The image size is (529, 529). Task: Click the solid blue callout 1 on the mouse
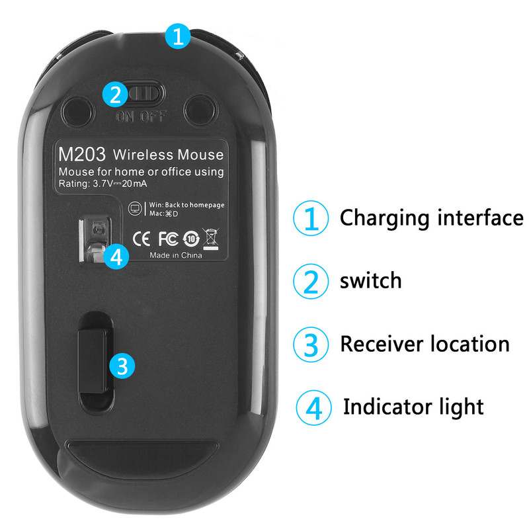(x=178, y=36)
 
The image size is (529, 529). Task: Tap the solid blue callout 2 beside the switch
(x=115, y=95)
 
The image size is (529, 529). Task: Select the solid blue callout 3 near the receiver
(x=122, y=366)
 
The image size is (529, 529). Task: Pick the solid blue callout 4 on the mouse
(x=116, y=257)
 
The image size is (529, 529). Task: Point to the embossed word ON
(x=126, y=117)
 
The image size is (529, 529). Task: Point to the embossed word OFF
(x=153, y=117)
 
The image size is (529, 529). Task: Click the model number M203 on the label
(x=82, y=154)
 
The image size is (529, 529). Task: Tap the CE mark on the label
(x=142, y=239)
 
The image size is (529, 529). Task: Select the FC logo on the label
(x=169, y=239)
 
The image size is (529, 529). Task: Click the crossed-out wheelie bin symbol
(x=211, y=239)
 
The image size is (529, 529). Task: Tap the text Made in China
(x=176, y=255)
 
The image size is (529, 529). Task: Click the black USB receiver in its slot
(x=93, y=361)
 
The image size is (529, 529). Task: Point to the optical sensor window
(x=96, y=240)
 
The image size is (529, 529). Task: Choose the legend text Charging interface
(x=432, y=218)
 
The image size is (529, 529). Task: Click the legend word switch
(x=371, y=280)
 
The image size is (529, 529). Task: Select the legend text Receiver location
(x=425, y=344)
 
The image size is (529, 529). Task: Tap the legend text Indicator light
(x=413, y=407)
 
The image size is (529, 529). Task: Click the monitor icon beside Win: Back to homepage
(x=136, y=208)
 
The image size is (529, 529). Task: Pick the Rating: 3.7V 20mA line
(x=103, y=184)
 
